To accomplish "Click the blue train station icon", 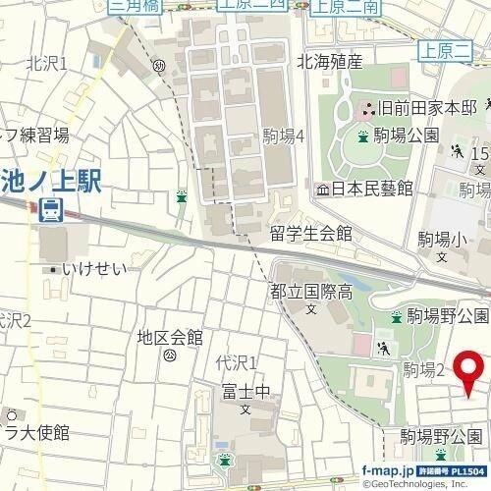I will (x=49, y=209).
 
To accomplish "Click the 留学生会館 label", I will (x=310, y=234).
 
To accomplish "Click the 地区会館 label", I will (x=169, y=338).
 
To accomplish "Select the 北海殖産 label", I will (x=330, y=63).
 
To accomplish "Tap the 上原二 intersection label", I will (x=441, y=46).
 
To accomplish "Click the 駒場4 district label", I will (x=285, y=136).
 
